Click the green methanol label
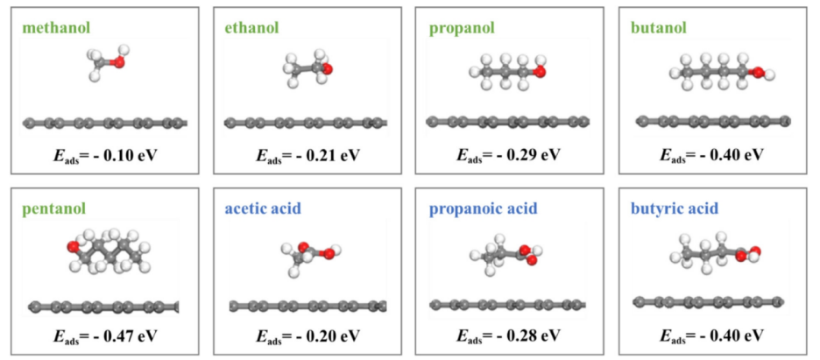(x=55, y=28)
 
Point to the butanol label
(x=659, y=28)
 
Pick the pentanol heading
(x=56, y=209)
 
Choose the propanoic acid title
(x=483, y=209)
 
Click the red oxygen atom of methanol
(x=119, y=62)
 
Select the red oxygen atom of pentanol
(x=73, y=249)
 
